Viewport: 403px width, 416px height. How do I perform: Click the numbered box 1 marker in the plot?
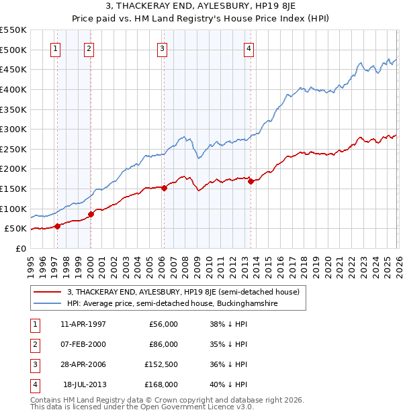[x=55, y=48]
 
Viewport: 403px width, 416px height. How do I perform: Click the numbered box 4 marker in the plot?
[x=249, y=48]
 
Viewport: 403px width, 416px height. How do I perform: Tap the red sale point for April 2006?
[x=164, y=188]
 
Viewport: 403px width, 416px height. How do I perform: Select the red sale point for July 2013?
[x=250, y=181]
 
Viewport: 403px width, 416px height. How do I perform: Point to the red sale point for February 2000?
[x=91, y=214]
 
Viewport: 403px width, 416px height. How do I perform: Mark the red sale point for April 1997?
[x=57, y=226]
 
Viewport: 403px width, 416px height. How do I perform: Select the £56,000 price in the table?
[x=162, y=324]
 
